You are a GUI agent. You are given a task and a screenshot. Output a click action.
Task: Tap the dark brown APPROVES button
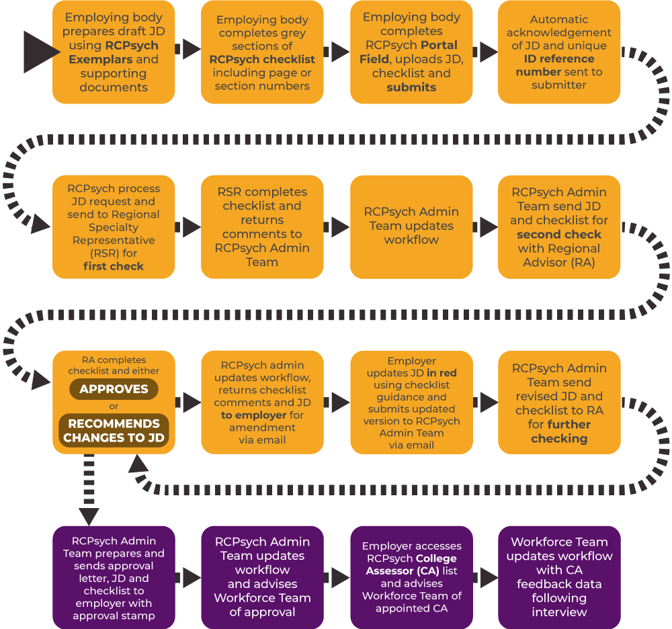point(114,389)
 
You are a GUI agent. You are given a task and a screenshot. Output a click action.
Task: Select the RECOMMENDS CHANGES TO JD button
point(114,431)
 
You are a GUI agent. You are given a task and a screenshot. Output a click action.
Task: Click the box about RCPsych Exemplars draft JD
point(114,52)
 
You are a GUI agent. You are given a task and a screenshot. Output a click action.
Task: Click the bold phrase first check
point(114,266)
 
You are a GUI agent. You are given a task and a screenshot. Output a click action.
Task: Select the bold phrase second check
point(559,235)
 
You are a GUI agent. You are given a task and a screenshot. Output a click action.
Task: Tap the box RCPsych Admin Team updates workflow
point(411,226)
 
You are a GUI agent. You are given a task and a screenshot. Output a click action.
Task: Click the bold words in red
point(442,373)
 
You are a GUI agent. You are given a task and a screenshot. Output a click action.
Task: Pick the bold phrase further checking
point(559,431)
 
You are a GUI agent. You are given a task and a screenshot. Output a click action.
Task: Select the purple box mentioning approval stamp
point(114,578)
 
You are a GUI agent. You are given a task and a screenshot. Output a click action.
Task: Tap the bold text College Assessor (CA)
point(411,565)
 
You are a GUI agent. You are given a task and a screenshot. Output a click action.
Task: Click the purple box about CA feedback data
point(559,578)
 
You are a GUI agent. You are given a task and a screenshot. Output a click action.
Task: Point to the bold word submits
point(411,87)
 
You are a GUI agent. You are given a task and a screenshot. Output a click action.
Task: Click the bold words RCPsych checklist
point(262,59)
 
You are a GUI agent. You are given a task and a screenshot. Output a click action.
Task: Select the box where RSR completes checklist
point(262,226)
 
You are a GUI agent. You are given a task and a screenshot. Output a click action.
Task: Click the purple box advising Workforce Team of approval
point(262,578)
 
